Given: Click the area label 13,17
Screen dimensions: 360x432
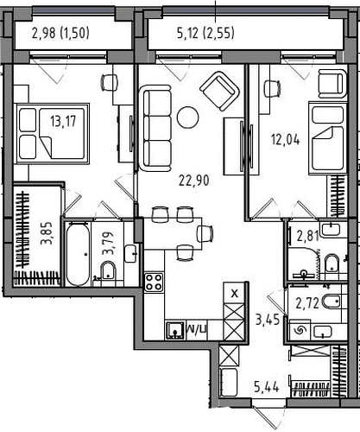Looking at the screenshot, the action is pyautogui.click(x=63, y=121).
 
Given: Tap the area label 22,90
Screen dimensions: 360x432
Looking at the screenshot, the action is pyautogui.click(x=194, y=181).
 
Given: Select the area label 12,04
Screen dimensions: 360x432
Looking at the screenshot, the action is pyautogui.click(x=285, y=140).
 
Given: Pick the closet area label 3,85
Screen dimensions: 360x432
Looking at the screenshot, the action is pyautogui.click(x=47, y=233).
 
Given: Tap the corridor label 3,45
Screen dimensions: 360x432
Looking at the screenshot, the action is pyautogui.click(x=268, y=320).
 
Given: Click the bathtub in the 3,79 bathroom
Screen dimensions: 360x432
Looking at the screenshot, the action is pyautogui.click(x=78, y=254).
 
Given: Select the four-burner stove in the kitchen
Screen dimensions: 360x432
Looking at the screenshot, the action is pyautogui.click(x=155, y=282).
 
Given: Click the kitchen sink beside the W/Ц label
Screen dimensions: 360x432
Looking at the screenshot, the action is pyautogui.click(x=175, y=330).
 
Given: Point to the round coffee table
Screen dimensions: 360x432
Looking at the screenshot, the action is pyautogui.click(x=187, y=118).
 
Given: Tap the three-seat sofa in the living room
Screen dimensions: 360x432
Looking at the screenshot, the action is pyautogui.click(x=155, y=128).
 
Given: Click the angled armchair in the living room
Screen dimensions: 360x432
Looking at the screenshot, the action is pyautogui.click(x=220, y=91).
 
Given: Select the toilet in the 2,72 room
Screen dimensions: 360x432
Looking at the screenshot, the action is pyautogui.click(x=332, y=302).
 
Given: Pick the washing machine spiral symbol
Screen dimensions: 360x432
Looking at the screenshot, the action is pyautogui.click(x=300, y=329).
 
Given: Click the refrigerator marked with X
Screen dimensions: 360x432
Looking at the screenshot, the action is pyautogui.click(x=235, y=293).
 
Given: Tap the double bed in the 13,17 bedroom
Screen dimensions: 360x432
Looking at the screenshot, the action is pyautogui.click(x=53, y=134).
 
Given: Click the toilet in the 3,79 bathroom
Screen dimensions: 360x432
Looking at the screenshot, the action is pyautogui.click(x=108, y=270).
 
